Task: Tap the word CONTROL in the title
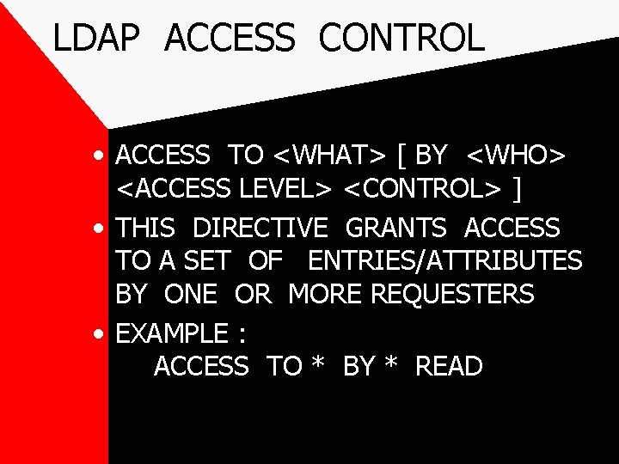pyautogui.click(x=401, y=38)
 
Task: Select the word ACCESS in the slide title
pyautogui.click(x=229, y=38)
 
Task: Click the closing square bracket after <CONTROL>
pyautogui.click(x=517, y=189)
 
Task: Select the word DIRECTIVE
pyautogui.click(x=260, y=229)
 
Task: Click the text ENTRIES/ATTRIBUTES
pyautogui.click(x=444, y=260)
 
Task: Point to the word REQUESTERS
pyautogui.click(x=452, y=294)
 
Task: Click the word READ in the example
pyautogui.click(x=449, y=367)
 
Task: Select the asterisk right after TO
pyautogui.click(x=318, y=365)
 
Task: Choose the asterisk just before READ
pyautogui.click(x=391, y=365)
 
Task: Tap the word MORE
pyautogui.click(x=326, y=294)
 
